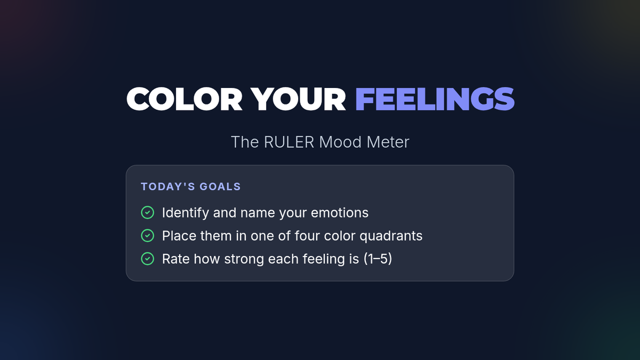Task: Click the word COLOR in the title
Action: [x=185, y=99]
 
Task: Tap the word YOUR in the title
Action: [x=298, y=99]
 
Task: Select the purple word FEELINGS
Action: [x=435, y=99]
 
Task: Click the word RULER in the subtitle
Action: [x=289, y=142]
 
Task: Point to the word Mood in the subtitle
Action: [x=340, y=142]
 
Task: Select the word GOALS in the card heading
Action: [x=220, y=187]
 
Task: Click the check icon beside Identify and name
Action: [x=147, y=213]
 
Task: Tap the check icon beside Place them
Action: [x=147, y=236]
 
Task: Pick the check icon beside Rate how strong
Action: [x=147, y=259]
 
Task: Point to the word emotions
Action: [x=340, y=213]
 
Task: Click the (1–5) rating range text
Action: [x=378, y=259]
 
